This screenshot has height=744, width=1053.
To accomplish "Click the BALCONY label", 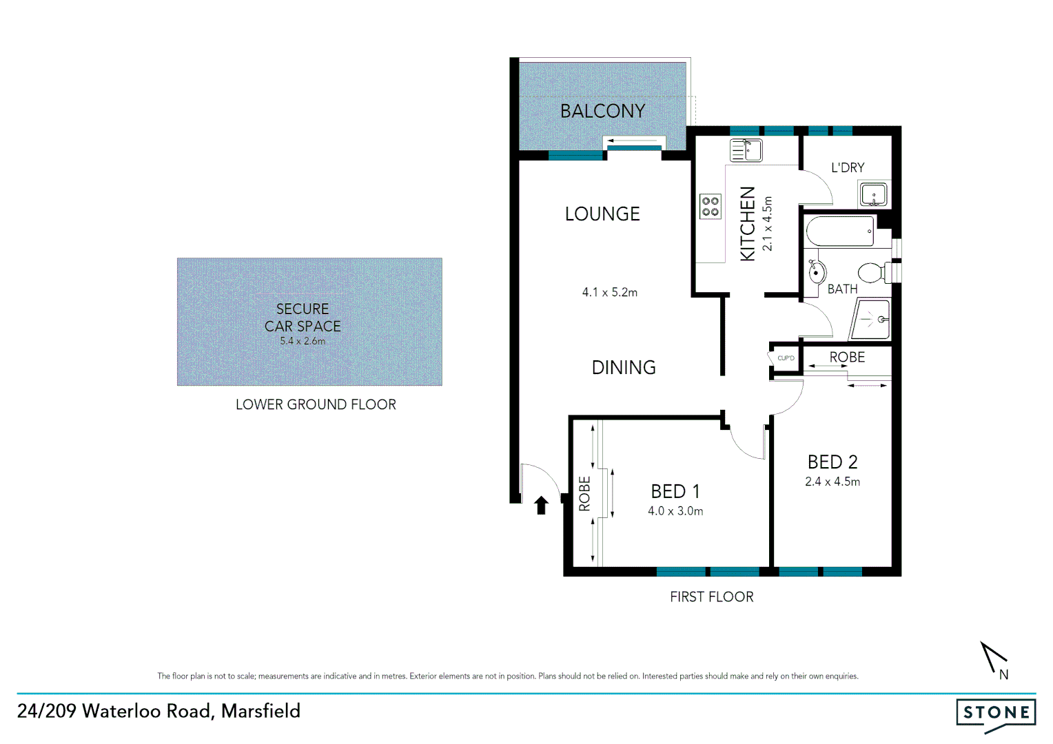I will coord(602,111).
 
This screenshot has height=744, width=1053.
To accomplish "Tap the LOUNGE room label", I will coord(602,214).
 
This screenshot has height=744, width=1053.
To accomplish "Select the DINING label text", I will coord(624,368).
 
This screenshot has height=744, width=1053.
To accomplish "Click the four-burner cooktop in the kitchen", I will coord(710,207).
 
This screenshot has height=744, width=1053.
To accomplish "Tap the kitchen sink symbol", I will coord(746,150).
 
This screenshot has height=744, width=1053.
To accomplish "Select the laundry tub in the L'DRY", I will coord(874,194).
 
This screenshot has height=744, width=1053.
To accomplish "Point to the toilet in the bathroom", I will coord(874,273).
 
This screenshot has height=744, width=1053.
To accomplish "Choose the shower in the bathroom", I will coord(871,319).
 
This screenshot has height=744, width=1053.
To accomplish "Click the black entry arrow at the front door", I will coord(542,506).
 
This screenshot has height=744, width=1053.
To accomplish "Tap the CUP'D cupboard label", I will coord(786,358).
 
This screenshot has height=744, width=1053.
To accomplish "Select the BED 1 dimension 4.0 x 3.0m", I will coord(675,511).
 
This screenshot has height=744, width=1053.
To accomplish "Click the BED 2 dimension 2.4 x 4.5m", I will coord(832,482).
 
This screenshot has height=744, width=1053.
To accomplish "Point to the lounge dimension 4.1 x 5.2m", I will coord(610,293).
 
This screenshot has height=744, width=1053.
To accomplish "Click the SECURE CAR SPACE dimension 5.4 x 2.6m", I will coord(303,341).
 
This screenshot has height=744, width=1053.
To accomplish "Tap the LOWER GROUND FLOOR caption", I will coord(316,405).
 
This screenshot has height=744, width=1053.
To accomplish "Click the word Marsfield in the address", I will coord(260,711).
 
